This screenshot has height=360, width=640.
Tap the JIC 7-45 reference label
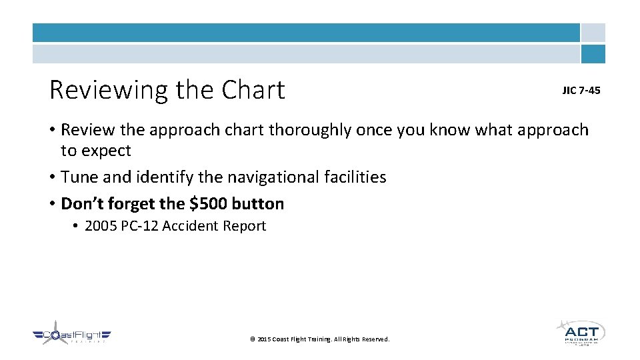tap(581, 90)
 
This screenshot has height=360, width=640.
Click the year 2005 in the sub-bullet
tap(101, 226)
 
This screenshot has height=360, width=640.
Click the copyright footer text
tap(319, 339)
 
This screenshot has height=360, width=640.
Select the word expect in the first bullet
tap(105, 151)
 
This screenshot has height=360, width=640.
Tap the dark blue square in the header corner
tap(593, 54)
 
